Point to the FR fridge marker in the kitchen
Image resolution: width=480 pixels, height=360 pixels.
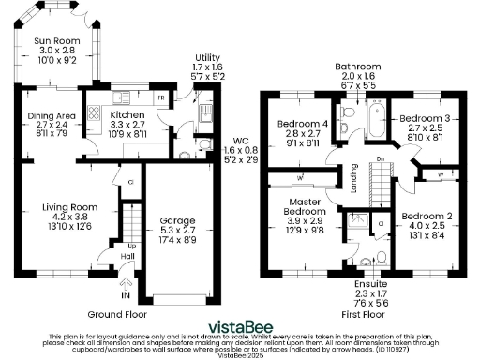click(x=161, y=97)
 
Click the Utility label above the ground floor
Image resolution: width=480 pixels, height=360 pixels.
click(x=207, y=58)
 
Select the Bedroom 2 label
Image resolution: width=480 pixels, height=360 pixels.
click(x=430, y=216)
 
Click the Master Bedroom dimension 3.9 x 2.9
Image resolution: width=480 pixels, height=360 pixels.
click(x=306, y=220)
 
